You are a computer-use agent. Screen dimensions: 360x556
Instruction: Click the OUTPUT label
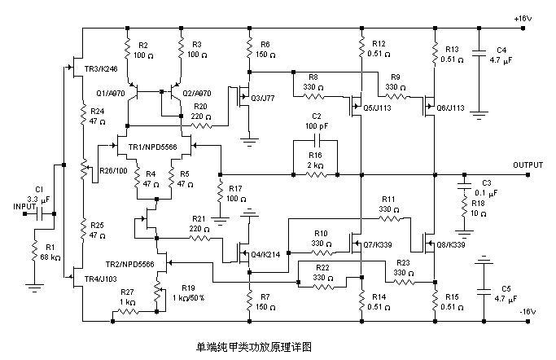(x=528, y=165)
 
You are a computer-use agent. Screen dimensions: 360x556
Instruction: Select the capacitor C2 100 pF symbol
(x=317, y=140)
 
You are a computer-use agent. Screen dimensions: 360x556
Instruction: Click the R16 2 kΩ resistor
(x=317, y=175)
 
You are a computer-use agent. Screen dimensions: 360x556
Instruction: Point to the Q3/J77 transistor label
(x=263, y=99)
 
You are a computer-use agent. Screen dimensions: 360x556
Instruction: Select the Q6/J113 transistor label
(x=450, y=107)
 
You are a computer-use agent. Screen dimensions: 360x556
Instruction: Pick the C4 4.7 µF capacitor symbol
(x=479, y=56)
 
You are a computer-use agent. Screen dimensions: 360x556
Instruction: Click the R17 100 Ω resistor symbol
(x=220, y=194)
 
